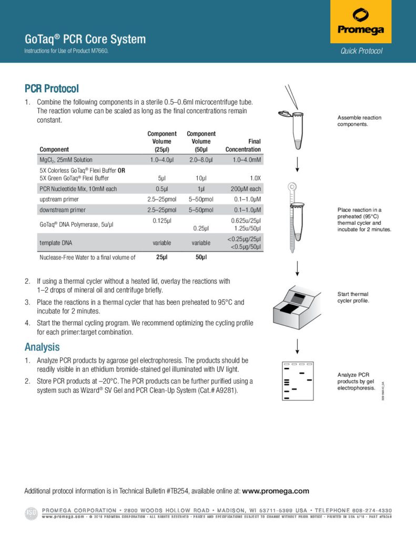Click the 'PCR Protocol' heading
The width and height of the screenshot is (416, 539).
(52, 88)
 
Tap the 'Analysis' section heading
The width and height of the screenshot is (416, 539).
(42, 347)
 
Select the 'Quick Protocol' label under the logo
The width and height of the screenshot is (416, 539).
(361, 51)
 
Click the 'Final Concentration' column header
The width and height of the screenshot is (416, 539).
(243, 145)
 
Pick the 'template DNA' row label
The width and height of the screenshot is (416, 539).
(56, 243)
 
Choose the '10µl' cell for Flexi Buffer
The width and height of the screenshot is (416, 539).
(201, 178)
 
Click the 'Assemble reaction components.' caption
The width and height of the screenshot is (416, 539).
(359, 121)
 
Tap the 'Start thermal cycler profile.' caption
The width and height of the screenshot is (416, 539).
(353, 297)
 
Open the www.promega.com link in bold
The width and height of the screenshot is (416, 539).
(276, 491)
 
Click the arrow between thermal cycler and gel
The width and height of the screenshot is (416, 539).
(298, 345)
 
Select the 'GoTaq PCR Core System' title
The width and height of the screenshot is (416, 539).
(85, 39)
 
